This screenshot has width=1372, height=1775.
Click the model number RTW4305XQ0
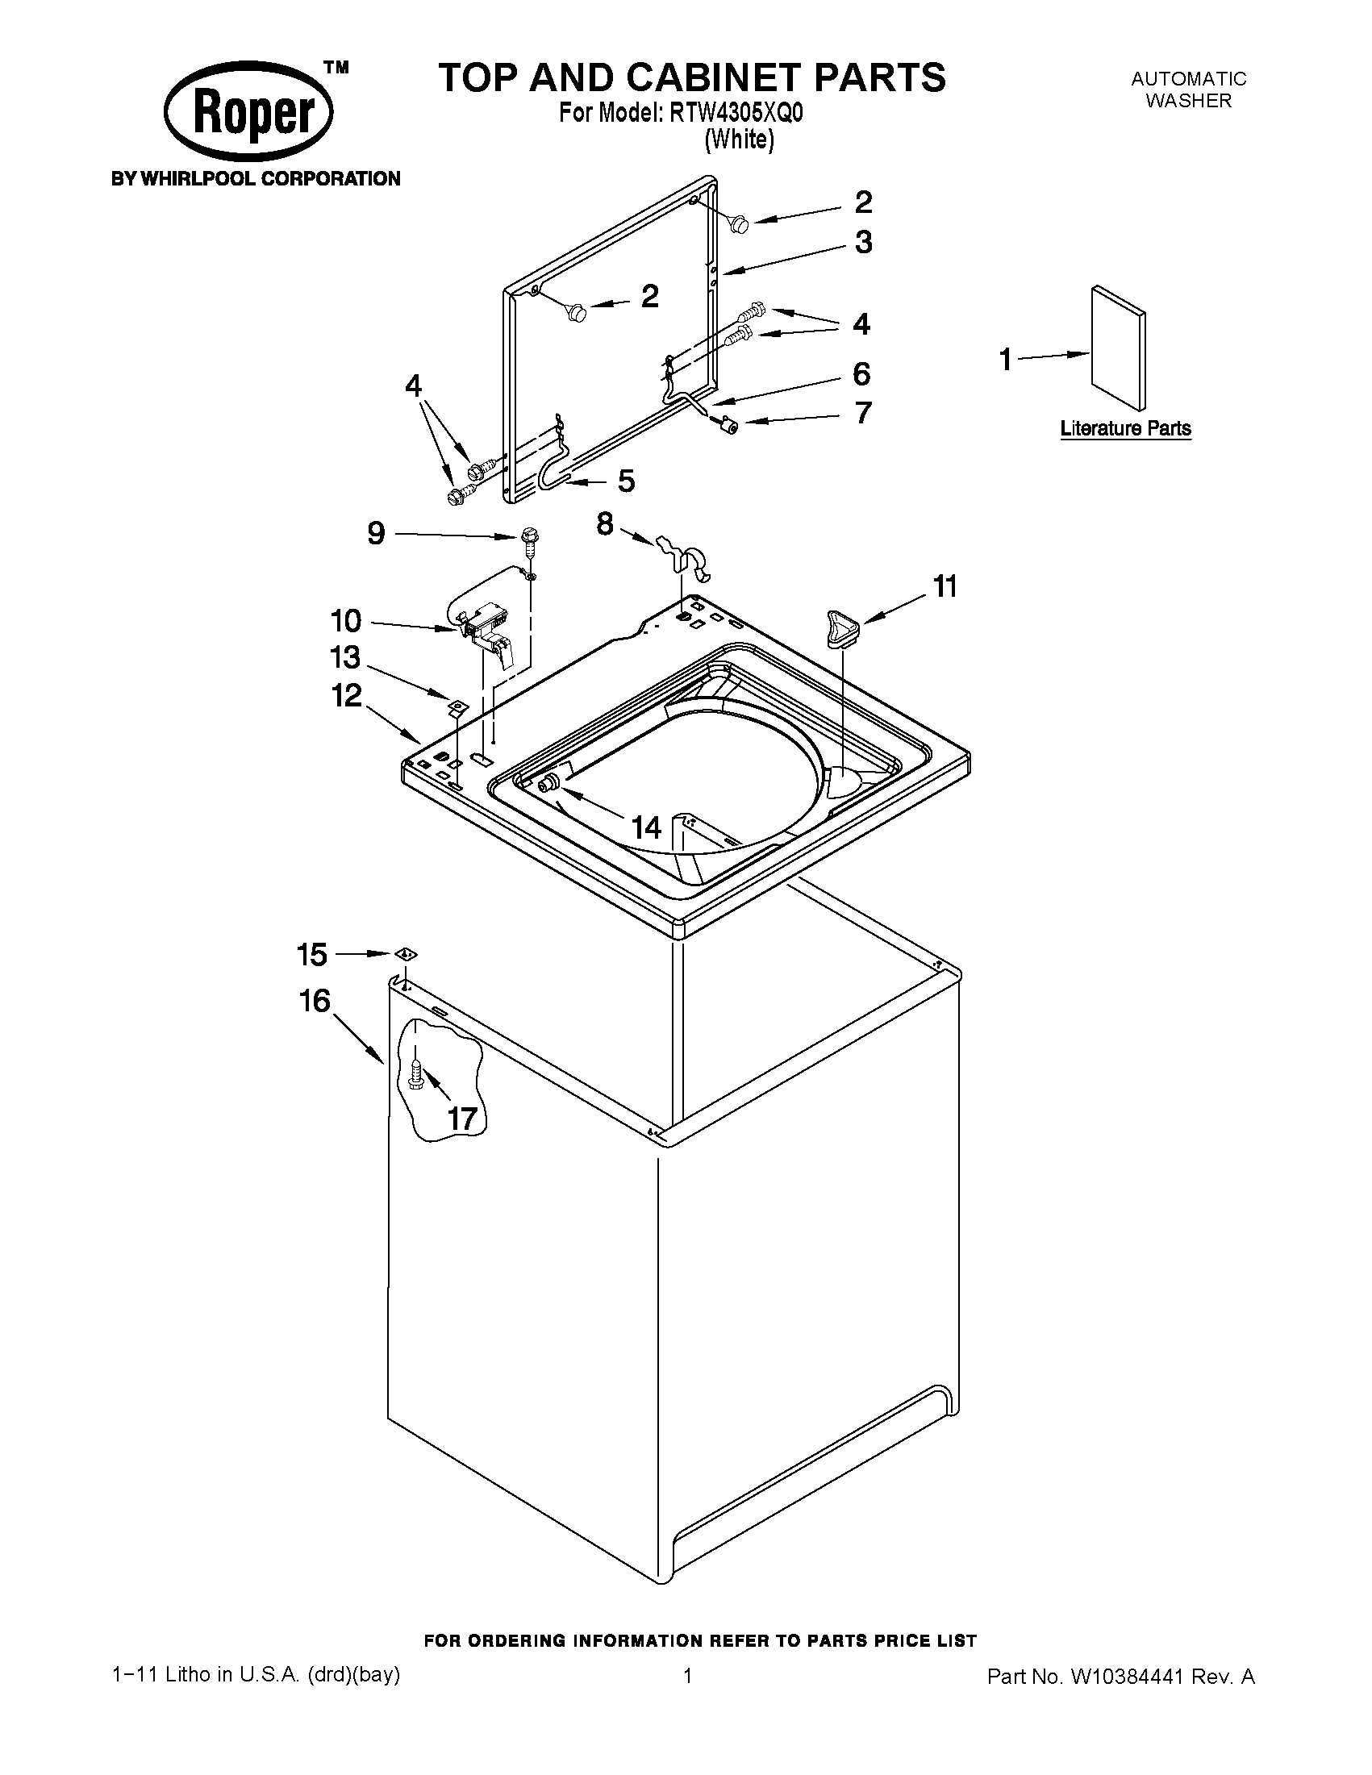pyautogui.click(x=736, y=113)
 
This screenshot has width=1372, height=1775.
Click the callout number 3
pyautogui.click(x=863, y=242)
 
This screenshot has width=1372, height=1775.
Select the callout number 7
pyautogui.click(x=863, y=413)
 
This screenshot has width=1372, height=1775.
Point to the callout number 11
pyautogui.click(x=945, y=586)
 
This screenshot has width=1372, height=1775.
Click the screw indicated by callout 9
pyautogui.click(x=529, y=540)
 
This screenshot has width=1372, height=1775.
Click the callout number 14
pyautogui.click(x=647, y=828)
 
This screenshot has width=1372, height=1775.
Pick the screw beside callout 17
pyautogui.click(x=416, y=1077)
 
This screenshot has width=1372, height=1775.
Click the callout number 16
pyautogui.click(x=315, y=1001)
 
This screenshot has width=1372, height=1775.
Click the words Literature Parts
pyautogui.click(x=1125, y=428)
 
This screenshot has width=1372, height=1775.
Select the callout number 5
pyautogui.click(x=626, y=481)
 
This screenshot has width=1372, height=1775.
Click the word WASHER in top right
pyautogui.click(x=1188, y=101)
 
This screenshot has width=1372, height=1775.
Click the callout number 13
pyautogui.click(x=344, y=656)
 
